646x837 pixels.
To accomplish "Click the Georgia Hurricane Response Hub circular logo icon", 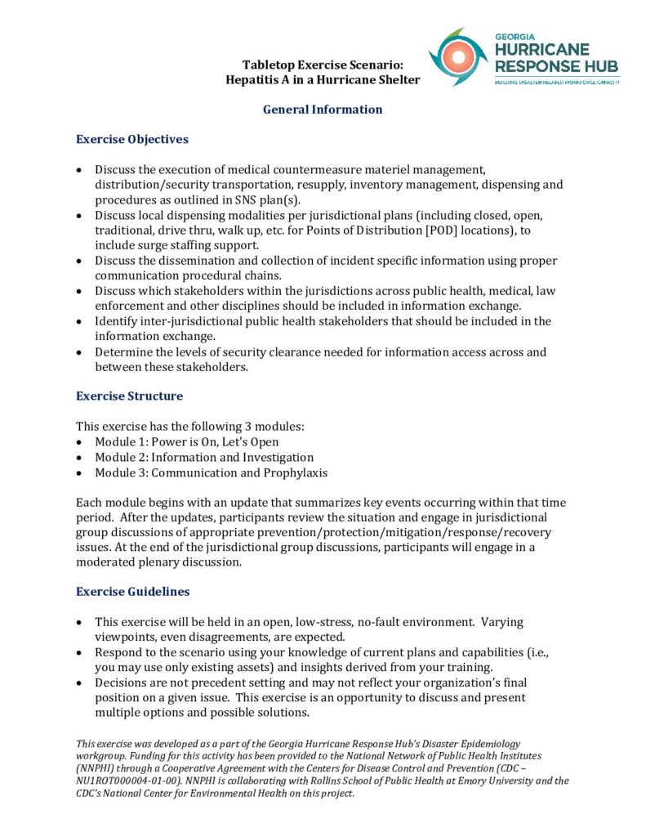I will point(458,57).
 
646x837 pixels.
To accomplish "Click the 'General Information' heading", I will point(323,110).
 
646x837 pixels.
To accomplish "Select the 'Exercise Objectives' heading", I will point(132,139).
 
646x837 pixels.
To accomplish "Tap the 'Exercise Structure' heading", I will point(129,396).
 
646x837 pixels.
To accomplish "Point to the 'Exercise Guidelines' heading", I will point(133,591).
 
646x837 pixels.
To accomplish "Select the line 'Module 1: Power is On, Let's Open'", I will point(186,442).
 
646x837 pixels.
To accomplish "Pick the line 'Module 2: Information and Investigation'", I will point(204,458).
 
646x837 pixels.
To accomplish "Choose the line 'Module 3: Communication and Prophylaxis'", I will point(210,473).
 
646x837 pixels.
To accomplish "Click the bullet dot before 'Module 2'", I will point(78,458).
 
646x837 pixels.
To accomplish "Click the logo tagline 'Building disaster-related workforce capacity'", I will point(556,82).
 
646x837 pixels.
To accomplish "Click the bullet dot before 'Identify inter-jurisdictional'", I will point(78,322).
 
